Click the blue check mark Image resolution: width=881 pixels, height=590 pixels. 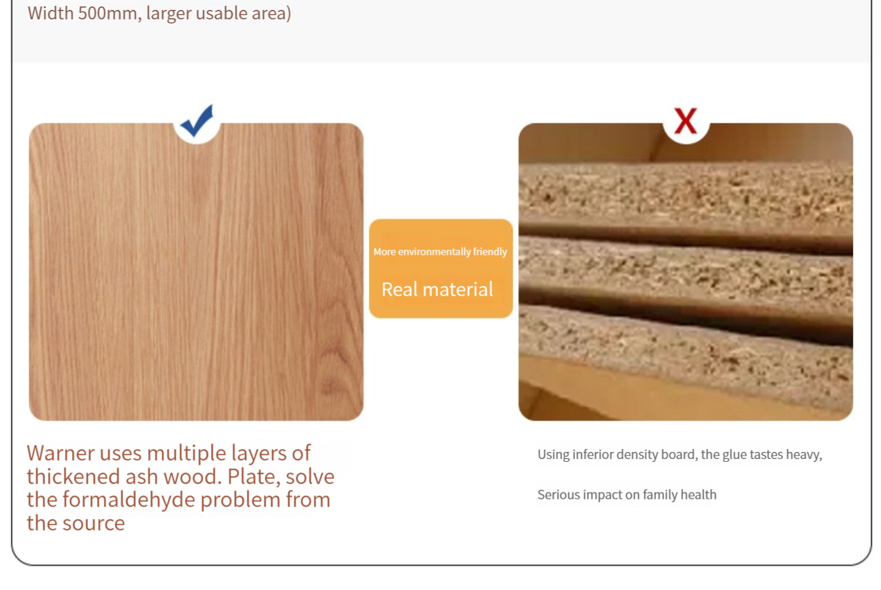[197, 121]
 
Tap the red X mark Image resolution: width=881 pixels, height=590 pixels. [685, 120]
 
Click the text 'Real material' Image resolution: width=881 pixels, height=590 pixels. [437, 289]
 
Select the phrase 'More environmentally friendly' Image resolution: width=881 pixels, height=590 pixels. [440, 252]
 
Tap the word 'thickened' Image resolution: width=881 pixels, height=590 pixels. [73, 476]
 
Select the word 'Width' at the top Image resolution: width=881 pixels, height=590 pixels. [51, 14]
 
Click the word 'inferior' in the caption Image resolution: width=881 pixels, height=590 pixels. [591, 454]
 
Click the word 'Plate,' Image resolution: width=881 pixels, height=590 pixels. [254, 476]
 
